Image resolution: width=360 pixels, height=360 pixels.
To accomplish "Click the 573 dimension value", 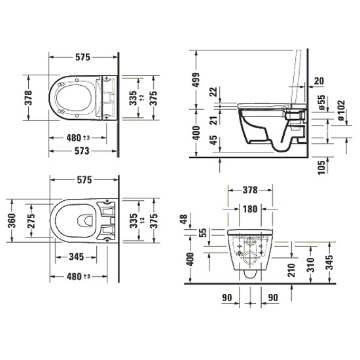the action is [82, 151].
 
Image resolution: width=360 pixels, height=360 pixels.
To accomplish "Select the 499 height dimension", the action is [196, 80].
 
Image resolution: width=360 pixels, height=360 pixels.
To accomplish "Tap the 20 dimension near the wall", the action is [319, 81].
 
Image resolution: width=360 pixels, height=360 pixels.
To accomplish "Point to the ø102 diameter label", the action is [341, 110].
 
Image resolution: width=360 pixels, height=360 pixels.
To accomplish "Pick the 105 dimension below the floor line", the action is [321, 167].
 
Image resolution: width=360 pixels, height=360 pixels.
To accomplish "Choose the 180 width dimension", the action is [250, 209].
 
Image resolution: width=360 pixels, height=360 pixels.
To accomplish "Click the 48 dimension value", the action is [184, 219].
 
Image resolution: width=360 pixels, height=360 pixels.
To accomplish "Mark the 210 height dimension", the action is [291, 270].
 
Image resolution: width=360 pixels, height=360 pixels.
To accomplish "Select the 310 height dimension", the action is [310, 264].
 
